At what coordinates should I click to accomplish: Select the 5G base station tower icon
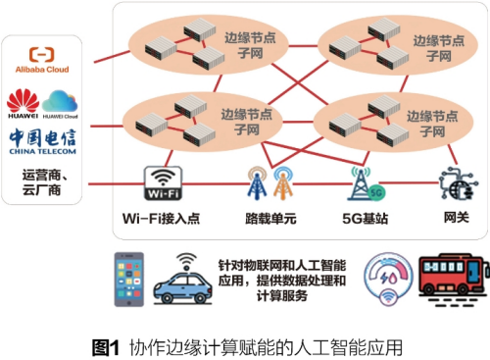pyautogui.click(x=360, y=182)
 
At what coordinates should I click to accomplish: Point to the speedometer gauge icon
pyautogui.click(x=388, y=279)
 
